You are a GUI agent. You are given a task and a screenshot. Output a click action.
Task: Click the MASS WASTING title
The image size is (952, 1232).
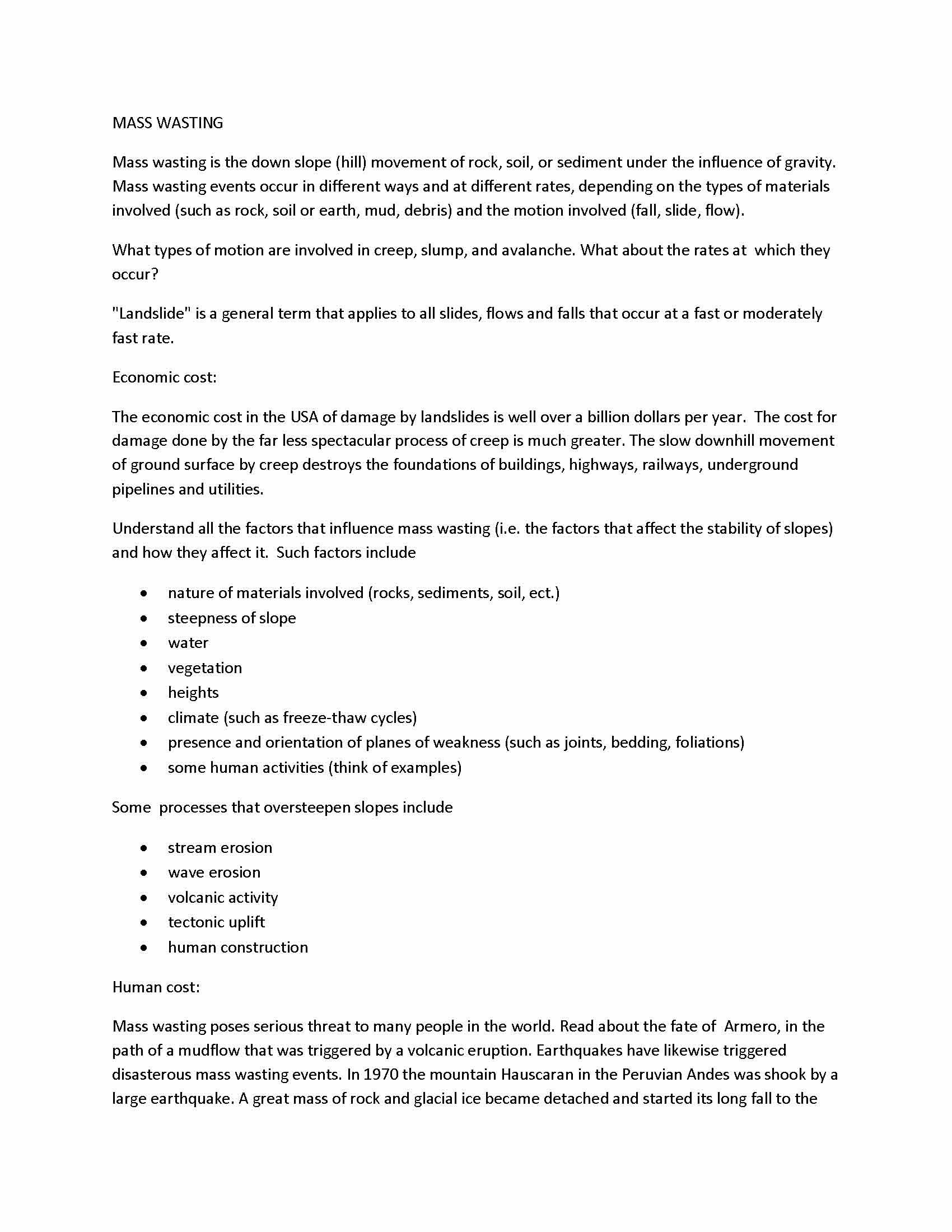click(167, 123)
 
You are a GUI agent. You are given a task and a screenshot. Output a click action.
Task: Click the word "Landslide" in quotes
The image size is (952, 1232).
click(152, 314)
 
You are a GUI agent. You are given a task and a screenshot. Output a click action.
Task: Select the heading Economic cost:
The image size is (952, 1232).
click(164, 377)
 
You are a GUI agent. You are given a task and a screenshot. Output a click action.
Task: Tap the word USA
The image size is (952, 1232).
click(305, 417)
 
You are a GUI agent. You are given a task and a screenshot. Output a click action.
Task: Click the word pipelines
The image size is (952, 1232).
click(143, 489)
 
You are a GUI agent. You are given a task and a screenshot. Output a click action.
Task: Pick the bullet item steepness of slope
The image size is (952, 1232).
click(232, 618)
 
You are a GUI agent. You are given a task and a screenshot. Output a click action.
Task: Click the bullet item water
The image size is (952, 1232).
click(188, 642)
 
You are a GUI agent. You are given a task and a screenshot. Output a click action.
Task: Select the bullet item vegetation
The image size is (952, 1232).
click(205, 668)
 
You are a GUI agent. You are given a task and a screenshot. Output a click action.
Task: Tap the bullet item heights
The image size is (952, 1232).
click(193, 693)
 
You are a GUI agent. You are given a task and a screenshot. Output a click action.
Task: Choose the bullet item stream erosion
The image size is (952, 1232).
click(220, 847)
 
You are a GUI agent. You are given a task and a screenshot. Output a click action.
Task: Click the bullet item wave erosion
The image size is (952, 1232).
click(214, 872)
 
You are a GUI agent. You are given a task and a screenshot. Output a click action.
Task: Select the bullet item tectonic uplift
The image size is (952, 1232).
click(216, 922)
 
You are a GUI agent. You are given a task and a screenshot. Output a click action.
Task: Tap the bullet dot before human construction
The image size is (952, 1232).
click(144, 947)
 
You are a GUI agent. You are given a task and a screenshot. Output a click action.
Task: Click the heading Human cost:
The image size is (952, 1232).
click(156, 987)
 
